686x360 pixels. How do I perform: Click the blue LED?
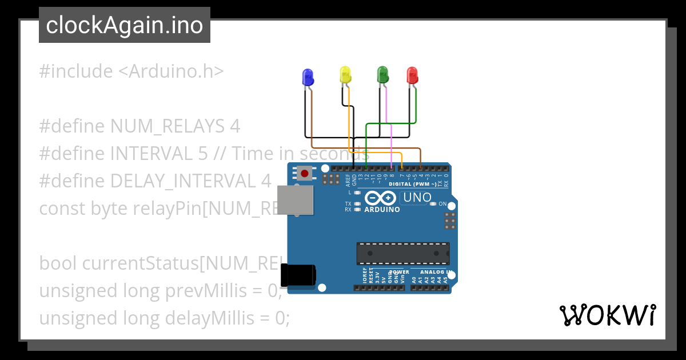pyautogui.click(x=308, y=77)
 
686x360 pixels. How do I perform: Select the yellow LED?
pyautogui.click(x=345, y=75)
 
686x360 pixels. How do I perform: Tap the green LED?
pyautogui.click(x=382, y=75)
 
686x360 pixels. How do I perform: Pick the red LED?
pyautogui.click(x=412, y=75)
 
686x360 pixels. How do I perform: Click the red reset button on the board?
pyautogui.click(x=305, y=173)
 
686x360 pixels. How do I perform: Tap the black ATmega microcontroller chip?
pyautogui.click(x=402, y=253)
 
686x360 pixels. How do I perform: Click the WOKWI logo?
pyautogui.click(x=607, y=315)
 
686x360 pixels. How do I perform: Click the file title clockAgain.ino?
pyautogui.click(x=124, y=25)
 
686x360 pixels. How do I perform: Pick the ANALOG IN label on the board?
pyautogui.click(x=436, y=272)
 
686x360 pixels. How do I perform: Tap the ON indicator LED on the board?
pyautogui.click(x=433, y=204)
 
